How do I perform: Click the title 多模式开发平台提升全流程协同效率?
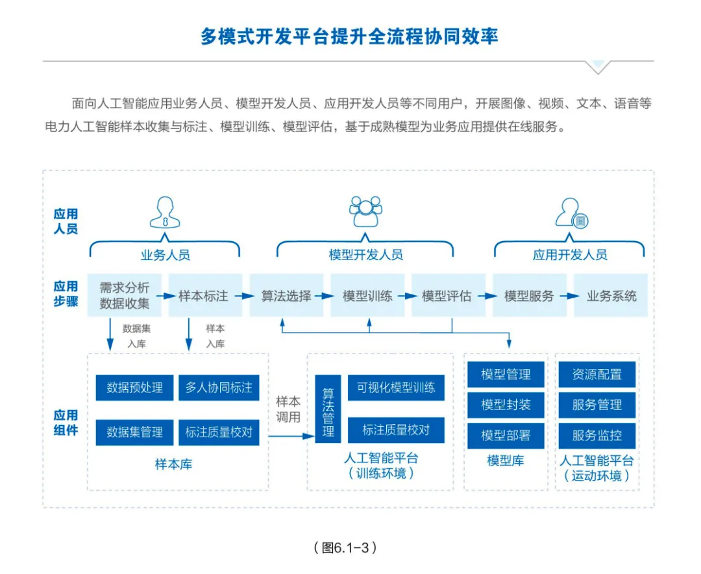click(x=350, y=36)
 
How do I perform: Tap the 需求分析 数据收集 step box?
click(x=124, y=296)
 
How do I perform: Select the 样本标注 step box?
click(x=204, y=296)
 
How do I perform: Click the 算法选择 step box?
click(x=286, y=296)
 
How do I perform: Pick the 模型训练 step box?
click(x=367, y=296)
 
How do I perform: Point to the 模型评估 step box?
click(x=447, y=296)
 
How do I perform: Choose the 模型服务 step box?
click(x=529, y=296)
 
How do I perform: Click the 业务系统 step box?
click(x=611, y=296)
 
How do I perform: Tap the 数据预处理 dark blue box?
click(x=134, y=388)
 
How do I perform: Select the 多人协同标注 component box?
click(x=219, y=388)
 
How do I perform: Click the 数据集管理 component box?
click(x=134, y=432)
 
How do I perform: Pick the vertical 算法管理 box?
click(x=328, y=409)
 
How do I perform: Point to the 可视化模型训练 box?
click(x=396, y=388)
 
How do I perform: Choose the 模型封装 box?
click(x=506, y=405)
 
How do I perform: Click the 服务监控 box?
click(x=596, y=435)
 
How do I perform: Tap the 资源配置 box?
click(x=596, y=374)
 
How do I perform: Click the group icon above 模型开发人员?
click(x=365, y=211)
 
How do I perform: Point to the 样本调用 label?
click(x=288, y=409)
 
